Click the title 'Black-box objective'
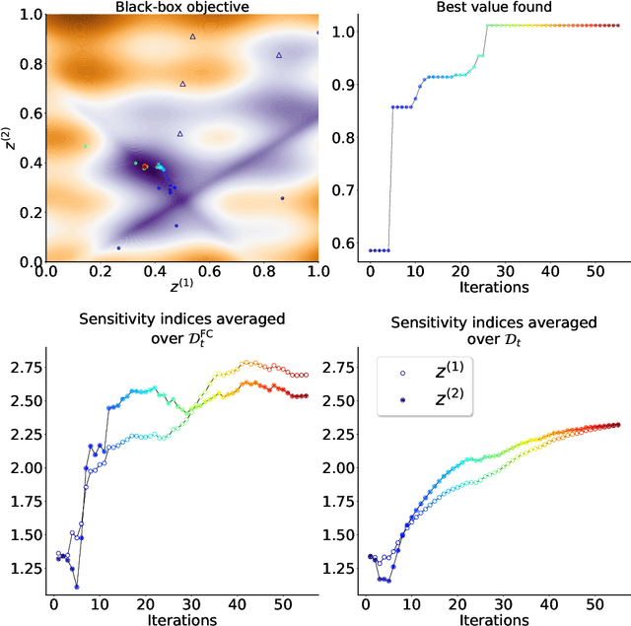point(180,7)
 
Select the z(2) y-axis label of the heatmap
point(9,139)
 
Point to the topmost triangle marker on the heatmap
point(193,36)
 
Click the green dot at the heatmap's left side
point(85,146)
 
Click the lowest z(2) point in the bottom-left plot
point(76,587)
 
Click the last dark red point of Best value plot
point(617,26)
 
